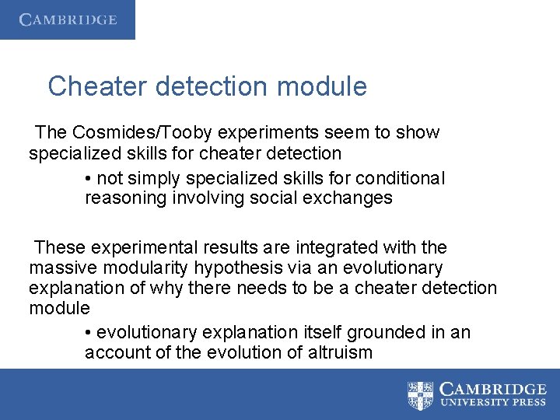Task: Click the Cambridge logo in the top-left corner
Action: point(68,19)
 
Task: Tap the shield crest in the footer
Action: point(421,395)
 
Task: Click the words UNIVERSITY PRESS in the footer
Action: point(493,404)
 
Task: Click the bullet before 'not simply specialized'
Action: point(89,178)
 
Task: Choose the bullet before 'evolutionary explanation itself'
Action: point(89,333)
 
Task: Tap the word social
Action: point(271,198)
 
